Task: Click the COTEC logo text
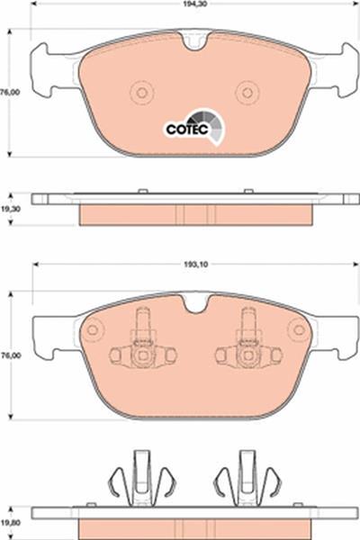click(x=187, y=130)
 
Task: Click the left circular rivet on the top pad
click(x=141, y=93)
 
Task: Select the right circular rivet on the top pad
click(x=247, y=93)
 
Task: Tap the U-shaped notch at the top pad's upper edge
click(x=195, y=40)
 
